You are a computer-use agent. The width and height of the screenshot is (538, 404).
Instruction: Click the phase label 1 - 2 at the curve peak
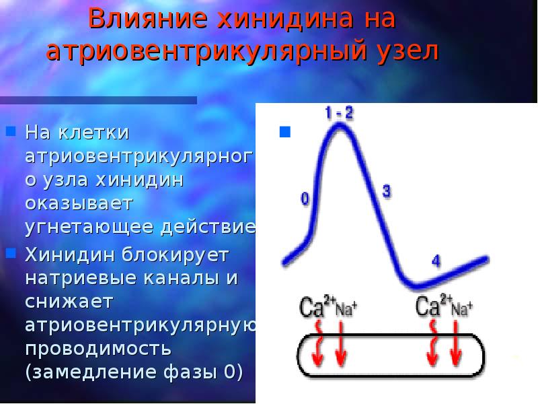pos(339,112)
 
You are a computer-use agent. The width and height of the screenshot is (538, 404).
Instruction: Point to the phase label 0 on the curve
pos(305,199)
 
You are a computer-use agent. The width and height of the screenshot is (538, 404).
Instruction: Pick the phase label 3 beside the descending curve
pos(386,191)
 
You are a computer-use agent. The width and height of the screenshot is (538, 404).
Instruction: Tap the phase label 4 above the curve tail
pos(435,261)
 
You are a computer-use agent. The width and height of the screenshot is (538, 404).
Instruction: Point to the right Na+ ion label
pos(462,308)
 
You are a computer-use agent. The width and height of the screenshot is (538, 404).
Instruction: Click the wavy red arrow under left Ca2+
pos(318,343)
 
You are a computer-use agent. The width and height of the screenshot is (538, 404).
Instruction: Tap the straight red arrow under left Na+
pos(340,343)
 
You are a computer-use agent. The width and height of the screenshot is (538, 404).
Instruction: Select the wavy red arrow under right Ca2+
pos(432,343)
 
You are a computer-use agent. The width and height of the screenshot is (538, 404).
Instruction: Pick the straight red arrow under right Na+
pos(455,343)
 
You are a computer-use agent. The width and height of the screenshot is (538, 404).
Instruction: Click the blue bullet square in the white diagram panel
pos(285,131)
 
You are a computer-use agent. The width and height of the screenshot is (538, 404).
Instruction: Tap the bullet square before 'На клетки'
pos(11,131)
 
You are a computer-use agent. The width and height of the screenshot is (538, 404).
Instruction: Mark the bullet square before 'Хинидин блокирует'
pos(11,253)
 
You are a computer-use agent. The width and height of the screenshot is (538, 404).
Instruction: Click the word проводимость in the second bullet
pos(98,348)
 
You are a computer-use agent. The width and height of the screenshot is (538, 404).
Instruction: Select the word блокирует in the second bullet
pos(176,255)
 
